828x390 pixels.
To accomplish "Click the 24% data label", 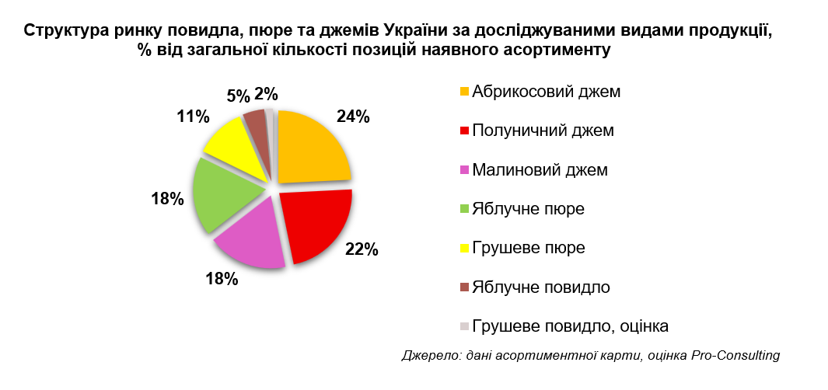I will coord(353,117).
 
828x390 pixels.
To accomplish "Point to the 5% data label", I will coord(239,96).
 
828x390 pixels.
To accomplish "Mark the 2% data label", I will coord(267,95).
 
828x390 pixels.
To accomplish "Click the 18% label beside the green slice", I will coord(167,198).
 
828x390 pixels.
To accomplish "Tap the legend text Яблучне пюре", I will coord(528,209).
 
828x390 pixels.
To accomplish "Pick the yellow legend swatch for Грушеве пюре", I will coord(465,249).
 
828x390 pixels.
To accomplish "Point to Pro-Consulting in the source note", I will coord(735,356).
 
